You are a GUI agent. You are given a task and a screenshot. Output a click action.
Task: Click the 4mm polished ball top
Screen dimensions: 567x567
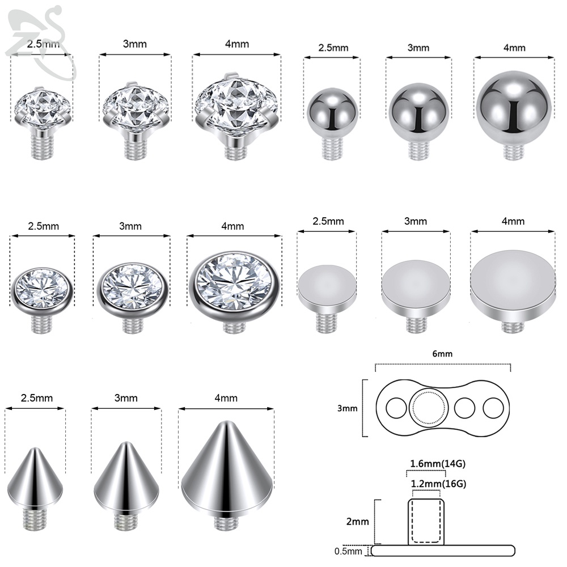click(x=514, y=115)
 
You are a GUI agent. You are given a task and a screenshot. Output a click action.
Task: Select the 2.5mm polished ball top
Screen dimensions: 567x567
click(x=332, y=123)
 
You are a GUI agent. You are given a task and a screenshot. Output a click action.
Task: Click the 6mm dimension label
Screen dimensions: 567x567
click(x=442, y=354)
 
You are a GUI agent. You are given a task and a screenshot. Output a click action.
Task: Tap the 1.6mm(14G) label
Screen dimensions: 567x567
click(x=438, y=463)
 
